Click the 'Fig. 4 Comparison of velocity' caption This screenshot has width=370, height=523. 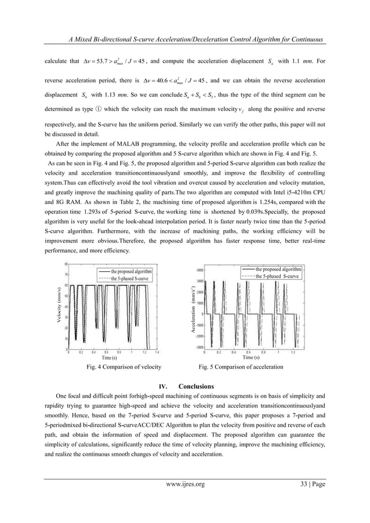115,367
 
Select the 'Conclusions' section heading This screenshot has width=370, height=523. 196,386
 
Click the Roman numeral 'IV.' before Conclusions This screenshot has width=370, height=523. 163,387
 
